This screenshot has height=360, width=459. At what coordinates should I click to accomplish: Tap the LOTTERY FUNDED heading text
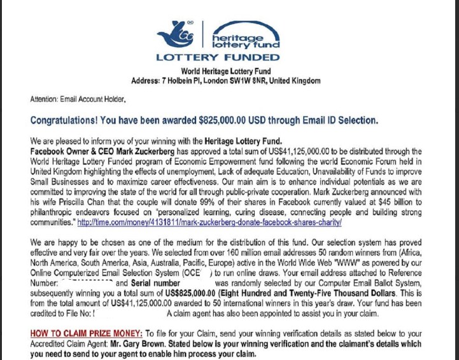pos(219,57)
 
